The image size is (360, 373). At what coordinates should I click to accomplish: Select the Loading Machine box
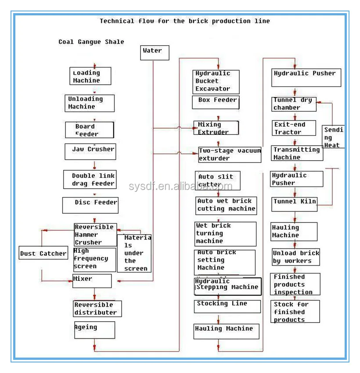click(x=90, y=76)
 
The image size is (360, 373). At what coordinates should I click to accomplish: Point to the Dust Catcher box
click(x=43, y=253)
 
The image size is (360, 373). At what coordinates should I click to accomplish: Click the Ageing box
click(x=94, y=330)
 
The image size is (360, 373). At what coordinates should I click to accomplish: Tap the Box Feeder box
click(x=215, y=102)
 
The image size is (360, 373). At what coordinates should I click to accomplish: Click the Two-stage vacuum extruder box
click(x=230, y=155)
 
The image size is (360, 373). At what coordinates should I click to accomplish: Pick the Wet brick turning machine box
click(x=225, y=234)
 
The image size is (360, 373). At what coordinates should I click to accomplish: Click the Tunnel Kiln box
click(x=295, y=202)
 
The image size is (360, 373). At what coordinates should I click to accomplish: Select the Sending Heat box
click(x=333, y=137)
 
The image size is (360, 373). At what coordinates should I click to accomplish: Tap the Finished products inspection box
click(x=295, y=284)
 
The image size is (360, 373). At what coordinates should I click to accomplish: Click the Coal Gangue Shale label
click(x=91, y=42)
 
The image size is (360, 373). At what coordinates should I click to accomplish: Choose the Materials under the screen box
click(x=134, y=253)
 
